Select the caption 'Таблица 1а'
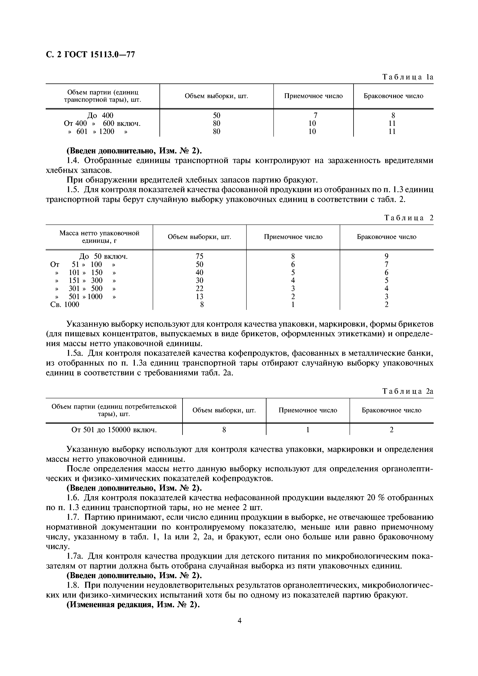[408, 77]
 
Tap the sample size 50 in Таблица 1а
[217, 115]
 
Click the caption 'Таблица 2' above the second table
[409, 218]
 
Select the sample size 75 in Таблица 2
[200, 256]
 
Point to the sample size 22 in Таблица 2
[200, 288]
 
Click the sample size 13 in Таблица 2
[200, 297]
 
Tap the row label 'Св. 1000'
[65, 304]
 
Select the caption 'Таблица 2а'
[408, 391]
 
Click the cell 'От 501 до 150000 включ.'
[114, 430]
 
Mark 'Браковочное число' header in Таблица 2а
[391, 410]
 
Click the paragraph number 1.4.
[73, 161]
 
